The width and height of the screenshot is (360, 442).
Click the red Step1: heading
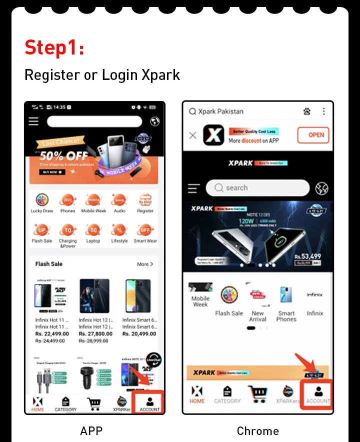54,47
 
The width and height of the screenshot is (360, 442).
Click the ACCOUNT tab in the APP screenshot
149,403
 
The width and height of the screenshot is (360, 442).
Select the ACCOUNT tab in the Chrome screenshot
317,394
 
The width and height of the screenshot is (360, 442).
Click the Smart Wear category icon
145,233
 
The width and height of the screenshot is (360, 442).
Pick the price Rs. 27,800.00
95,333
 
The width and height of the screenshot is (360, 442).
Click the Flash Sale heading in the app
49,264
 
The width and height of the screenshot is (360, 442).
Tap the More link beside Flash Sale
145,264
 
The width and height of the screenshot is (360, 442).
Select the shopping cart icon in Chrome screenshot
257,393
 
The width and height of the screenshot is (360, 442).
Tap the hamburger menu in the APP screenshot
33,121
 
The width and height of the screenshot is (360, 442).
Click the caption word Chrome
257,431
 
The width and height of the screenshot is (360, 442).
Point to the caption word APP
91,431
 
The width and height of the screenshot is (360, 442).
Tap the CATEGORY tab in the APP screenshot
65,403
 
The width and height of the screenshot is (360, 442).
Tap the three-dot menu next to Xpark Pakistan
324,111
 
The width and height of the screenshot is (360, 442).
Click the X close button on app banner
192,135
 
